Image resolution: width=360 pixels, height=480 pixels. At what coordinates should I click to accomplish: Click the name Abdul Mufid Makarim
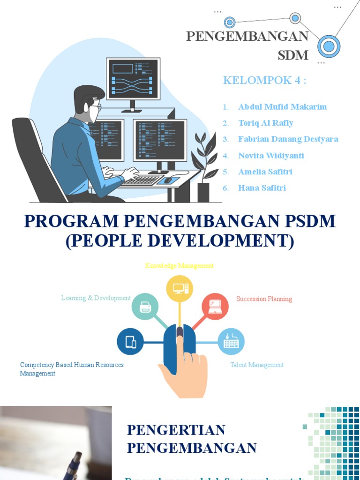[282, 107]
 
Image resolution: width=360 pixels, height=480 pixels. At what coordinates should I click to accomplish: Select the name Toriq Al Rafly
[265, 123]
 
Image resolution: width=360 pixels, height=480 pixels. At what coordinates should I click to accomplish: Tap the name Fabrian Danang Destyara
[288, 139]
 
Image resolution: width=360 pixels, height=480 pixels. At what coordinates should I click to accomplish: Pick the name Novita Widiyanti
[271, 156]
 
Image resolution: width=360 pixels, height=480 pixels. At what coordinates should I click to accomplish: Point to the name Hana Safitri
[262, 188]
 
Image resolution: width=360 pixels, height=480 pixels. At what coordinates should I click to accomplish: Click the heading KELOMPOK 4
[264, 80]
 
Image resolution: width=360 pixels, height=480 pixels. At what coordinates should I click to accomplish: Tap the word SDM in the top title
[293, 55]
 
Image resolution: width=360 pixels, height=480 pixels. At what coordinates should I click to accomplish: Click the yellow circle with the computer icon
[180, 288]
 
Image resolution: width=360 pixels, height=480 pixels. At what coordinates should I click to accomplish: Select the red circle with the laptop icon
[215, 307]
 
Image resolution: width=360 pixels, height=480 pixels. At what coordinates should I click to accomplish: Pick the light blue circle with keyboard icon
[231, 342]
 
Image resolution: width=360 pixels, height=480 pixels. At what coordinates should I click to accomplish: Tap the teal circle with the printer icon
[145, 307]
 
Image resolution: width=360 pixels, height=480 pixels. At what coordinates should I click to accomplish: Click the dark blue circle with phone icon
[130, 342]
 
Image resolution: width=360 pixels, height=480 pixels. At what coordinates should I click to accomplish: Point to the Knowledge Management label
[179, 266]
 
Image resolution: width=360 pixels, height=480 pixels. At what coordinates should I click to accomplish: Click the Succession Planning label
[264, 299]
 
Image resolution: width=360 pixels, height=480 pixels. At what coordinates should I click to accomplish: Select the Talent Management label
[257, 365]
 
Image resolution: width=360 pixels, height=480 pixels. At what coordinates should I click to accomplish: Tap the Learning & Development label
[96, 298]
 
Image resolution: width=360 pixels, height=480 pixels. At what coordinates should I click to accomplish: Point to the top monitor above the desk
[133, 78]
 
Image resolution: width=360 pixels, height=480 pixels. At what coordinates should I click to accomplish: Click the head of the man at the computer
[89, 101]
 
